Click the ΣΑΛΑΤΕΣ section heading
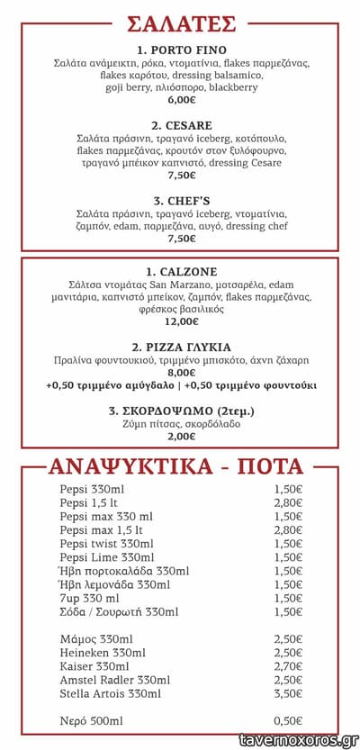[181, 23]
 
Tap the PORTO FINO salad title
[181, 50]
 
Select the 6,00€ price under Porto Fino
[181, 102]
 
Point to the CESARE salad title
[181, 125]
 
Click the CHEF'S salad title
[181, 201]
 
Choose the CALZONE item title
[181, 271]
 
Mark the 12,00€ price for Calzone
[181, 321]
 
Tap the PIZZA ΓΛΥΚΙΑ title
[181, 347]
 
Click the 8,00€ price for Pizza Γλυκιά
[181, 372]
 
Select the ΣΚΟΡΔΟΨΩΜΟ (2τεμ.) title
[181, 411]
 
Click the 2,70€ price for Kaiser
[287, 666]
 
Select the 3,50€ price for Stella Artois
[287, 693]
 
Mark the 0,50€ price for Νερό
[287, 721]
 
